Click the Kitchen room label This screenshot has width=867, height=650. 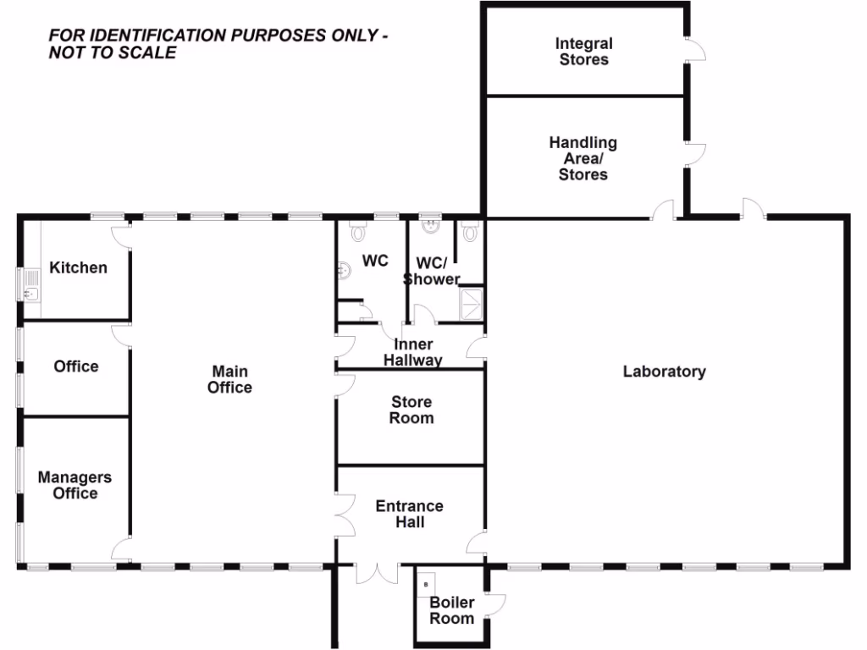78,267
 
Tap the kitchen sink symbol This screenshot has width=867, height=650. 30,294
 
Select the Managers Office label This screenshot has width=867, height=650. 75,485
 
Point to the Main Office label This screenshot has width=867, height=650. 230,379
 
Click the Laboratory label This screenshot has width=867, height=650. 664,372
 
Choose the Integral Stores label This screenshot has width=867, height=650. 583,52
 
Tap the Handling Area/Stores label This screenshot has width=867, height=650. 583,158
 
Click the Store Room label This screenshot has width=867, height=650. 411,410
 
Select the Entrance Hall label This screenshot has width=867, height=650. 409,514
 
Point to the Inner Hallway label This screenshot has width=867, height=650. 413,352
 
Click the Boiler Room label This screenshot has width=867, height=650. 451,610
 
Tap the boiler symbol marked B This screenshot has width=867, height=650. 426,583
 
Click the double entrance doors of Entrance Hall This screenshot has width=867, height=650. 376,573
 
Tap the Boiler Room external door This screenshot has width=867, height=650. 496,602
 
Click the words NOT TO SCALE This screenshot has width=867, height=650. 112,53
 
